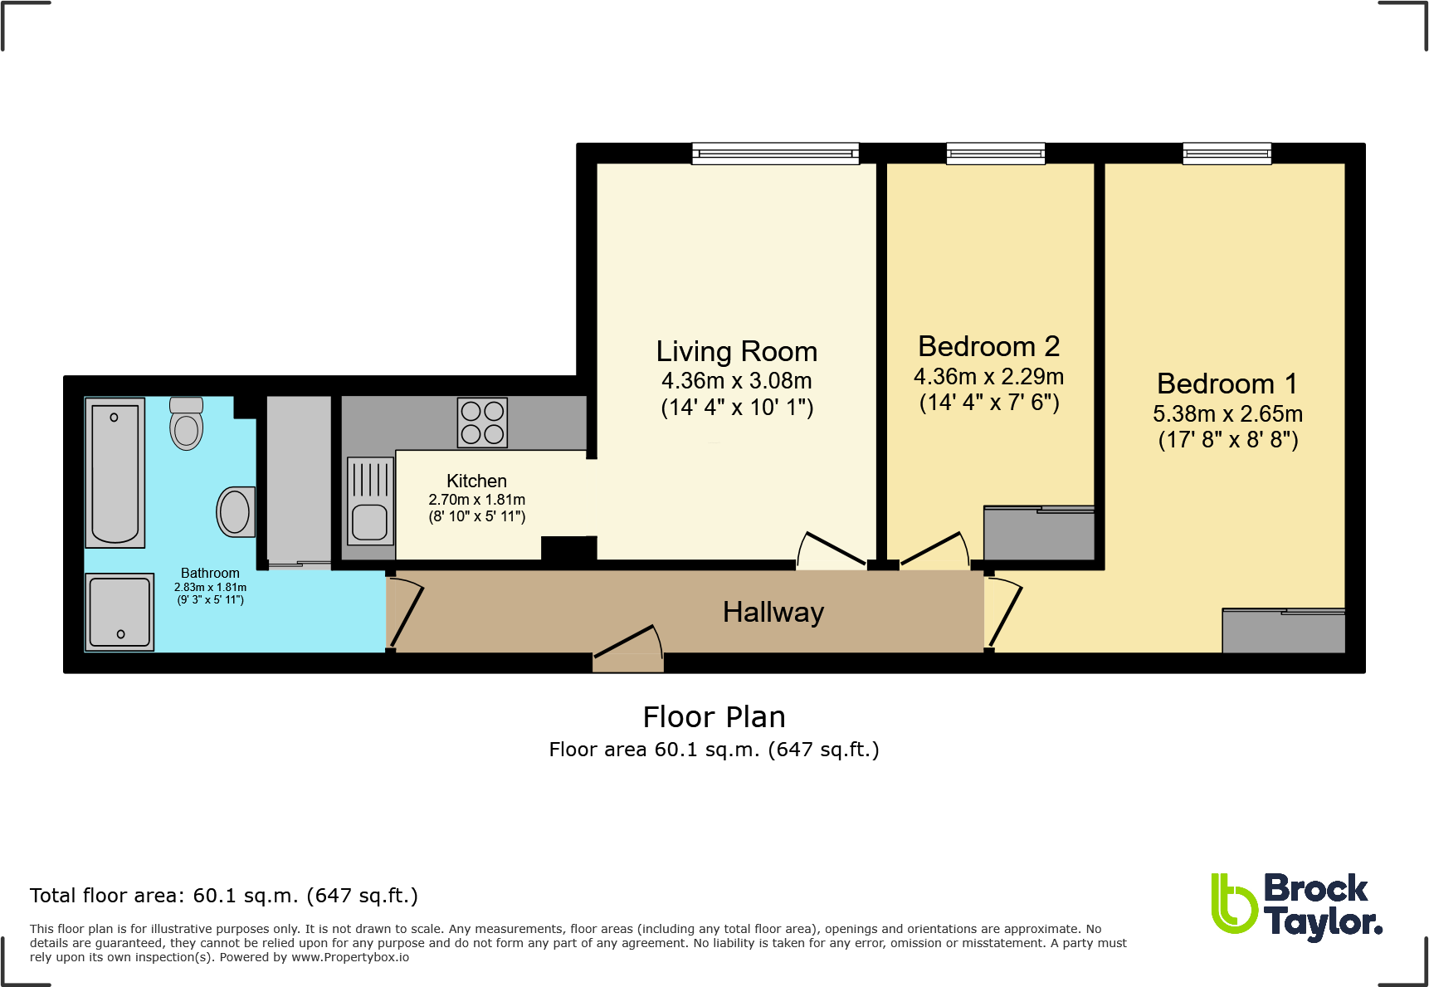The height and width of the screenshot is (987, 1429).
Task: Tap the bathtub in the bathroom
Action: (x=115, y=472)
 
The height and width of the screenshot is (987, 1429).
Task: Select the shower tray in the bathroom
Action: (x=120, y=612)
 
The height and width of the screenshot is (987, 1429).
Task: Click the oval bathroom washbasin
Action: (x=235, y=511)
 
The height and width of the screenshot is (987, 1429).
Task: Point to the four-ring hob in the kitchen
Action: (x=482, y=423)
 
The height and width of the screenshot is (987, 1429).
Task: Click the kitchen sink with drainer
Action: (x=370, y=501)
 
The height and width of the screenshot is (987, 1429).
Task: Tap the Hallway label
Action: (x=773, y=612)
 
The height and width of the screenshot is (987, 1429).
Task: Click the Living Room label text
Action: (x=736, y=351)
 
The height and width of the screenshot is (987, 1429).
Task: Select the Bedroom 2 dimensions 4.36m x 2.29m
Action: (x=988, y=377)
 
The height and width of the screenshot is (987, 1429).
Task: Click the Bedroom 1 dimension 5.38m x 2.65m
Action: (x=1227, y=413)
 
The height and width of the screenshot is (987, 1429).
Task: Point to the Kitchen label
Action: (x=476, y=481)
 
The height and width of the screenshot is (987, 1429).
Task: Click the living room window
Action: (x=775, y=154)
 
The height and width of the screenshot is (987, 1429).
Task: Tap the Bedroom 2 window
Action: (x=996, y=154)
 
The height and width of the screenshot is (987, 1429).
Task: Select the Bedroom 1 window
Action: (x=1227, y=154)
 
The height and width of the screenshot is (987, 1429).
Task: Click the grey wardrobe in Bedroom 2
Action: (x=1039, y=534)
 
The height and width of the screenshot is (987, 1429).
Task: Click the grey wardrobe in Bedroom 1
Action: (x=1283, y=632)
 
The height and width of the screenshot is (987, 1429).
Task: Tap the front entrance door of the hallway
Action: (x=629, y=647)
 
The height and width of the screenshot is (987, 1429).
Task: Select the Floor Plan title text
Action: (x=714, y=716)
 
